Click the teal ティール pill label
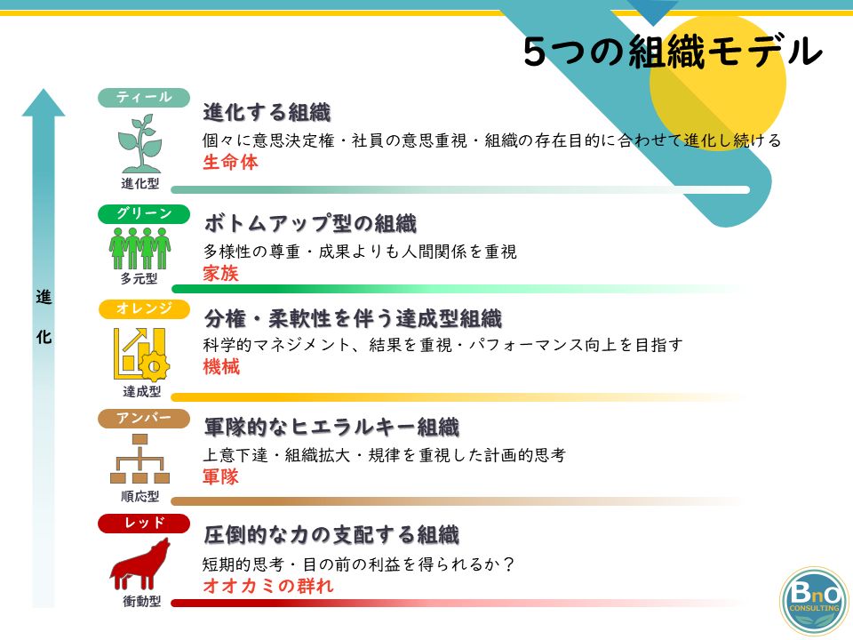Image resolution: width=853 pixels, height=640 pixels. pyautogui.click(x=144, y=98)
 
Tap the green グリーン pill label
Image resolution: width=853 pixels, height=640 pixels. pyautogui.click(x=144, y=214)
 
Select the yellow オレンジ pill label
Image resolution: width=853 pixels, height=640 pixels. pyautogui.click(x=144, y=308)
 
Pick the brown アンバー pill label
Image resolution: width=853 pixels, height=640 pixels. pyautogui.click(x=144, y=419)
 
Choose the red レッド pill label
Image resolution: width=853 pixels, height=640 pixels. pyautogui.click(x=144, y=523)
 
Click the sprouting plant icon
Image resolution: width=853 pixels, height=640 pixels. pyautogui.click(x=140, y=143)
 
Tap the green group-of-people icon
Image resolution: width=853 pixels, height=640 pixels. pyautogui.click(x=140, y=248)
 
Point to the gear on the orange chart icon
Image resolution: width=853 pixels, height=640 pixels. pyautogui.click(x=154, y=365)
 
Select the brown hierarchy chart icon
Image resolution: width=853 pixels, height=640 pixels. pyautogui.click(x=140, y=459)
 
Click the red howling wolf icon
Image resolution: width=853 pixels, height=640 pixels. pyautogui.click(x=140, y=564)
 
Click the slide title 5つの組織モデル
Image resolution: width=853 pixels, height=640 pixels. pyautogui.click(x=673, y=52)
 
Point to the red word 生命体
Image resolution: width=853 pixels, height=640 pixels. pyautogui.click(x=230, y=162)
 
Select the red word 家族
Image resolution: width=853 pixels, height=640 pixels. pyautogui.click(x=221, y=273)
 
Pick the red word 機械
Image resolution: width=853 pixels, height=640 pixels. pyautogui.click(x=221, y=367)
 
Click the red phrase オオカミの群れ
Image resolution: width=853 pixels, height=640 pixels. pyautogui.click(x=268, y=586)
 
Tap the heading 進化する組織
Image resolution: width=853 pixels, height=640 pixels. pyautogui.click(x=267, y=113)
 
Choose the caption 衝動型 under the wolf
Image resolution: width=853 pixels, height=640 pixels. pyautogui.click(x=141, y=601)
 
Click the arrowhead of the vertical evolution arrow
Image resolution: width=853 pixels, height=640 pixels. pyautogui.click(x=44, y=102)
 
